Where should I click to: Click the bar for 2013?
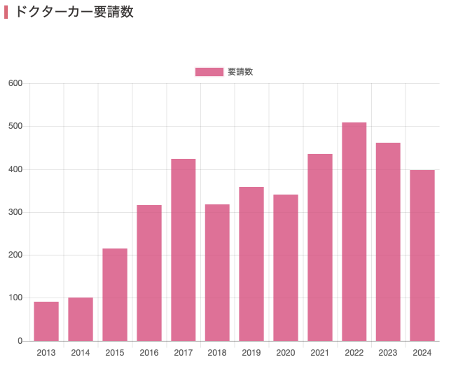click(46, 321)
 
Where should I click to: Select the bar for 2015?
click(115, 295)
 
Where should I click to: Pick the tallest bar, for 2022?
click(354, 231)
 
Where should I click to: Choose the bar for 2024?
click(422, 255)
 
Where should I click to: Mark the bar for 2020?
click(286, 268)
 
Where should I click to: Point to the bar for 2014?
click(80, 319)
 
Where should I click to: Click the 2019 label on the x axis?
click(251, 353)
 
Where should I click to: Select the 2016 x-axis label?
click(149, 353)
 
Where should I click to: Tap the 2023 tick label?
click(388, 353)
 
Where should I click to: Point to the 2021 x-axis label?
click(320, 353)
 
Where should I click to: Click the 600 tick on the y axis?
click(15, 83)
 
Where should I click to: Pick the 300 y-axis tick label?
click(15, 212)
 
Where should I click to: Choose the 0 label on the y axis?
click(20, 341)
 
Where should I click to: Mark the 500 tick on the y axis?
click(15, 126)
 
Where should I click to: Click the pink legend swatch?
click(209, 72)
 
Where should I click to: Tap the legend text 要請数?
click(240, 72)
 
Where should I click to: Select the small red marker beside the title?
click(6, 12)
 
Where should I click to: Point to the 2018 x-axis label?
click(217, 353)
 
